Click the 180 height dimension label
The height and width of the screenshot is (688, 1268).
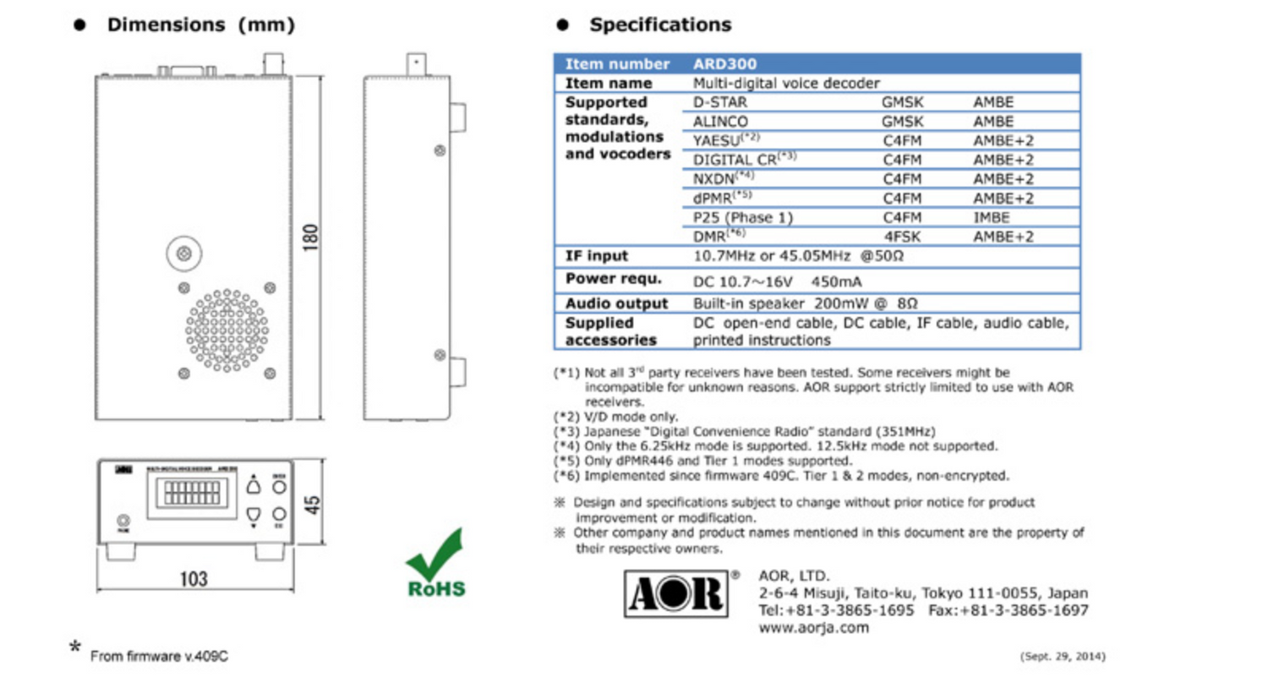click(310, 238)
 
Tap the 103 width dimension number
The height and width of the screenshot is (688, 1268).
click(194, 579)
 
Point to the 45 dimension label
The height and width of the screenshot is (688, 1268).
click(312, 505)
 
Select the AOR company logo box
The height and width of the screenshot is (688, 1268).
click(676, 593)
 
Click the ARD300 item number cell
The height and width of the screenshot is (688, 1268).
click(724, 64)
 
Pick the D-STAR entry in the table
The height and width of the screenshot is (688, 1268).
click(719, 102)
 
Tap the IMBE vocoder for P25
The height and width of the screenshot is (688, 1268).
click(991, 218)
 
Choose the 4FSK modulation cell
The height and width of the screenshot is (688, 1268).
click(902, 238)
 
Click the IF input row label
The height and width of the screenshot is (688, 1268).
click(596, 256)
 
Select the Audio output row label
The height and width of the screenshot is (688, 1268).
click(616, 303)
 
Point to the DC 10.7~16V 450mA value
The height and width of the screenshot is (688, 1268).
click(777, 281)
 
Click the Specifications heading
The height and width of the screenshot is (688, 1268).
click(660, 25)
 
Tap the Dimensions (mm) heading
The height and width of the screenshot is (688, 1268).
click(200, 25)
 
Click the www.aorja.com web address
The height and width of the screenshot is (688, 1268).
click(813, 628)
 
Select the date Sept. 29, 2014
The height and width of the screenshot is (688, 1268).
click(1063, 656)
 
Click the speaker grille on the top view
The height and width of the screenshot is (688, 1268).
click(227, 330)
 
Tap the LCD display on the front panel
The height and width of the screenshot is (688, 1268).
click(192, 493)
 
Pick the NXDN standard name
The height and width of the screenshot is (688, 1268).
click(714, 179)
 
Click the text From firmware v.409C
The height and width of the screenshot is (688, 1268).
click(159, 656)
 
